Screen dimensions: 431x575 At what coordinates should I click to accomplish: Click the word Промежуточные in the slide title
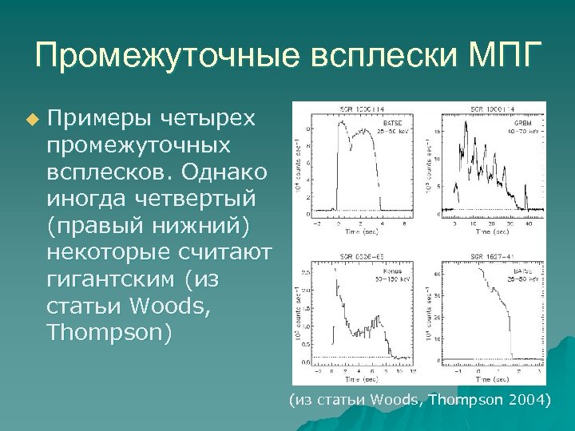164,57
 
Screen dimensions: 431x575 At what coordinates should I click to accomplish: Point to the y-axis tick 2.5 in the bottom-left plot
305,273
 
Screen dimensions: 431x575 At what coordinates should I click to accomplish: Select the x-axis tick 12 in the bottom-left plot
411,371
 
